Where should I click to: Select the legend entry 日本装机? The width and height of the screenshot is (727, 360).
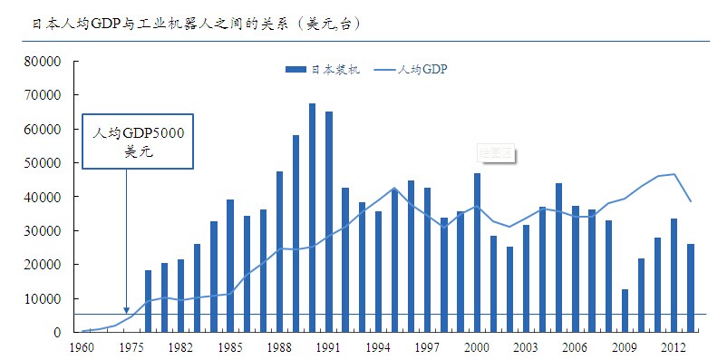323,70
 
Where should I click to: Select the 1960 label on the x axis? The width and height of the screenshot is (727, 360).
82,346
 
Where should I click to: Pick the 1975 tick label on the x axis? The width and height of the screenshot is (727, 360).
131,346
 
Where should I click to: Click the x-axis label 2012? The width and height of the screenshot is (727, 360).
672,346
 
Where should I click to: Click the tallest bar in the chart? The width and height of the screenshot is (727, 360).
312,218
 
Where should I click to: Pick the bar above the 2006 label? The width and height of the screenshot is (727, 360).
575,268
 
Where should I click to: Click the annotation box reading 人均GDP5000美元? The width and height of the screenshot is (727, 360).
140,141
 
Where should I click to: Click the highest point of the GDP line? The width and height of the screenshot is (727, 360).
674,174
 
